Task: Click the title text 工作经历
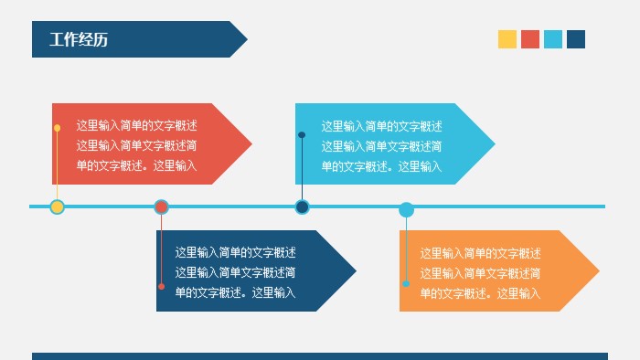79,39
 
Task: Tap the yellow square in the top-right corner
507,39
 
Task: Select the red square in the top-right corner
530,39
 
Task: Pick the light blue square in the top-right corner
553,39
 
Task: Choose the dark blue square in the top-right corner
576,39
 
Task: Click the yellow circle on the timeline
57,207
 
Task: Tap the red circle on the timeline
161,207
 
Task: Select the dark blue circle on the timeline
302,207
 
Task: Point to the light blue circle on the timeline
406,209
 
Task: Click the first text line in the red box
136,126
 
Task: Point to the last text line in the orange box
480,293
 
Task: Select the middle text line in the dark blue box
235,272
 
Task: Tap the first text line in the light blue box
381,126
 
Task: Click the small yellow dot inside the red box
57,128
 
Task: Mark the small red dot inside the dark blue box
162,287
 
